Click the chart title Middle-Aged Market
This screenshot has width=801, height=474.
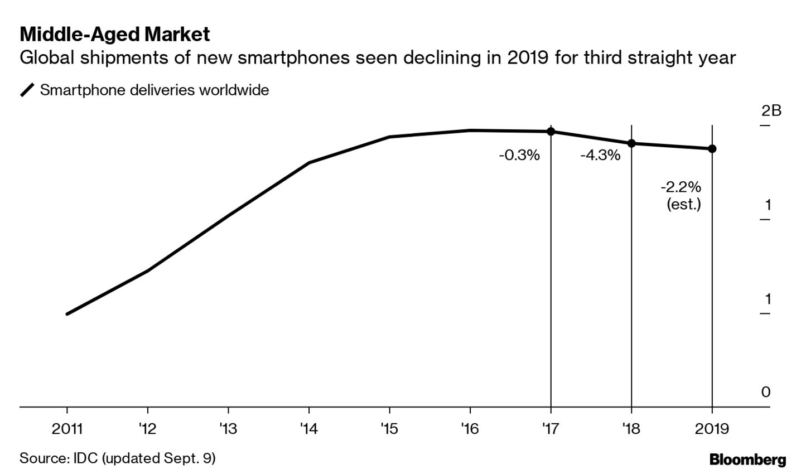tap(115, 35)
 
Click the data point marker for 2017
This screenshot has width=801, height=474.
tap(551, 132)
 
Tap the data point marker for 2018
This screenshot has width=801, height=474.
tap(631, 143)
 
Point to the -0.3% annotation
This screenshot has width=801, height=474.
tap(519, 155)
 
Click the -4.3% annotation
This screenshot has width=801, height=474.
tap(600, 155)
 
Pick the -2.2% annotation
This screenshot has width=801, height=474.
tap(681, 186)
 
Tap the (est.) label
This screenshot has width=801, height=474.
tap(684, 204)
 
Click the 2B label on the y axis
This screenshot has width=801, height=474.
tap(771, 110)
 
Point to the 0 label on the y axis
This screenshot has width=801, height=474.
tap(766, 392)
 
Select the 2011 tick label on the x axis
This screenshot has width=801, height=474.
tap(67, 428)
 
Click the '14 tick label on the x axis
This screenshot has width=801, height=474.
tap(308, 428)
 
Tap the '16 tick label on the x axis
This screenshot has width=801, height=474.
tap(470, 428)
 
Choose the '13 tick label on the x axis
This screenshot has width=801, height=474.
tap(228, 428)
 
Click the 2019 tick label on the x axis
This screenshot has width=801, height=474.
tap(712, 428)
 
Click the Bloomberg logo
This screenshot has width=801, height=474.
tap(747, 460)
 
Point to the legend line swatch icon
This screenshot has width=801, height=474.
tap(27, 90)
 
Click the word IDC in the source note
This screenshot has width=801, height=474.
tap(84, 458)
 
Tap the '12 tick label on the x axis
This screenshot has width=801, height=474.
tap(147, 428)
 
